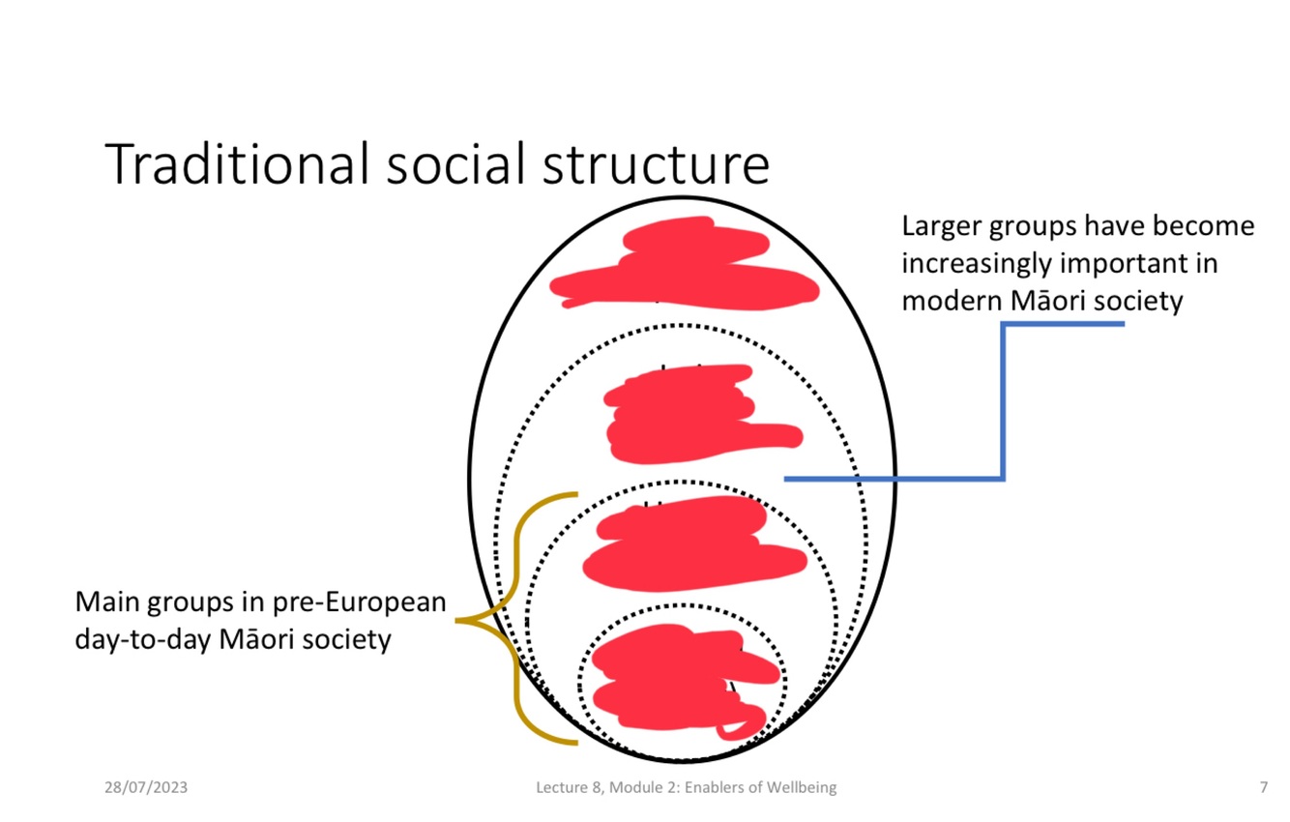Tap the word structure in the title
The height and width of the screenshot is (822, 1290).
[x=655, y=163]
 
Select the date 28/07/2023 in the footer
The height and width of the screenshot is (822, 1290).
[x=146, y=787]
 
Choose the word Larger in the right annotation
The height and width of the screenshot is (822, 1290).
[x=941, y=226]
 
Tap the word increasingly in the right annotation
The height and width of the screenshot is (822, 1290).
[x=976, y=263]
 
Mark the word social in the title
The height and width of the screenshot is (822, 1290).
[x=450, y=163]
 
